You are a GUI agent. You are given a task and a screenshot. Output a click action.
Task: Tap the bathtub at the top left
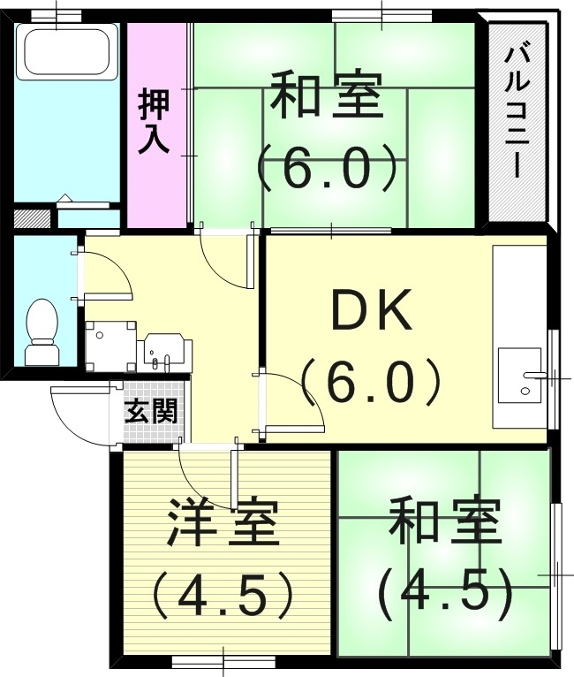pyautogui.click(x=66, y=52)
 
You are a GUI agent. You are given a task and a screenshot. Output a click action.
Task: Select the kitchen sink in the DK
pyautogui.click(x=521, y=375)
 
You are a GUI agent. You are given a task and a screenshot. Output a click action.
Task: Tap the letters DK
pyautogui.click(x=371, y=312)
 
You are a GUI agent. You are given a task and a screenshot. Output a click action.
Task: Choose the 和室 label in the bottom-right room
pyautogui.click(x=446, y=521)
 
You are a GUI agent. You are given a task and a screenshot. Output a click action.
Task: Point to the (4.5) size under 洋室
pyautogui.click(x=223, y=598)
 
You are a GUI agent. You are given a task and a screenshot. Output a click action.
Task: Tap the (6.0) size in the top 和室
pyautogui.click(x=327, y=168)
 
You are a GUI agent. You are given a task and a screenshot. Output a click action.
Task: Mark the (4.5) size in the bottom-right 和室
pyautogui.click(x=446, y=593)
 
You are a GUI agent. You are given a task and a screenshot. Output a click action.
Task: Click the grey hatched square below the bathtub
pyautogui.click(x=34, y=217)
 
